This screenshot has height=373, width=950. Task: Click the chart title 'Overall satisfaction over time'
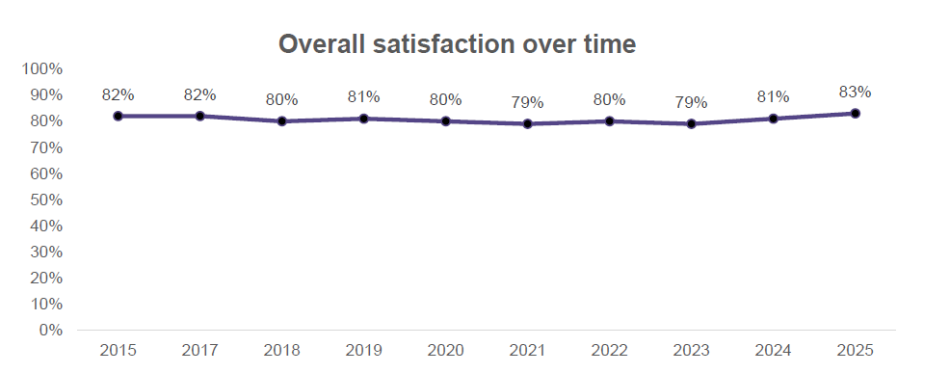[x=458, y=44]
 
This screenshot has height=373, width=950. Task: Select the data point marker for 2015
[x=118, y=116]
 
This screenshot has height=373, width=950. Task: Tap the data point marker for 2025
[x=855, y=114]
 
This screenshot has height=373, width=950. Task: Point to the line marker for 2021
[x=527, y=123]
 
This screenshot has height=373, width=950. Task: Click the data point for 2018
[x=281, y=121]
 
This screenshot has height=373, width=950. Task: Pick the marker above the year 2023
[x=691, y=123]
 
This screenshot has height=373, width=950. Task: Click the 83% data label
[x=855, y=93]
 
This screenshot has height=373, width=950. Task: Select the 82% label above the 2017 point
[x=199, y=94]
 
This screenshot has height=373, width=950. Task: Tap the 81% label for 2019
[x=363, y=96]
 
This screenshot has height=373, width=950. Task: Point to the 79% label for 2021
[x=527, y=102]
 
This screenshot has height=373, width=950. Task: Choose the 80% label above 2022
[x=609, y=99]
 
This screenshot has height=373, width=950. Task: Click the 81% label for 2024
[x=773, y=96]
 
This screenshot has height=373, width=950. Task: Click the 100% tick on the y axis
[x=42, y=69]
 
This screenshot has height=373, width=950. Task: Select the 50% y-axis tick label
[x=46, y=200]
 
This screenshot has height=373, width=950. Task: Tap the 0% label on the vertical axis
[x=50, y=330]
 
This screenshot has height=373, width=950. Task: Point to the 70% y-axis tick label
[x=46, y=147]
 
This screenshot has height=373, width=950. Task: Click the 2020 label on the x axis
[x=445, y=350]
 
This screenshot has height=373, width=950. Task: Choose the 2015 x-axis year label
[x=118, y=350]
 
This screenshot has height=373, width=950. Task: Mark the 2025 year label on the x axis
[x=855, y=350]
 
